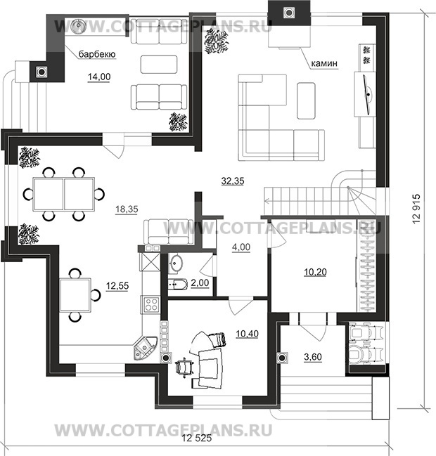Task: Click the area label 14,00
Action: tap(99, 77)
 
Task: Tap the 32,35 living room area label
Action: tap(233, 181)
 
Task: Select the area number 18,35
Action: tap(127, 209)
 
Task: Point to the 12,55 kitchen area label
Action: tap(117, 286)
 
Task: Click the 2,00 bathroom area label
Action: tap(200, 282)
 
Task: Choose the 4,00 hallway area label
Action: tap(241, 247)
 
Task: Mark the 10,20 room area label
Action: tap(315, 272)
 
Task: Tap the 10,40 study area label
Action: tap(247, 334)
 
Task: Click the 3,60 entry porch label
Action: tap(313, 357)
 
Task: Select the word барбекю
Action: tap(97, 54)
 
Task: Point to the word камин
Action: tap(324, 63)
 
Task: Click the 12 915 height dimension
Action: tap(416, 209)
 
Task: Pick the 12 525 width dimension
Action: tap(197, 438)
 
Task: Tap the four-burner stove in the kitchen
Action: tap(151, 304)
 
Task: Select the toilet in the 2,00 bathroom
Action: tap(177, 284)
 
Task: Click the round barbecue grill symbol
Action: tap(78, 25)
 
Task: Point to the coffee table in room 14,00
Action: tap(159, 64)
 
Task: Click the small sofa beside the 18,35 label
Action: tap(169, 232)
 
